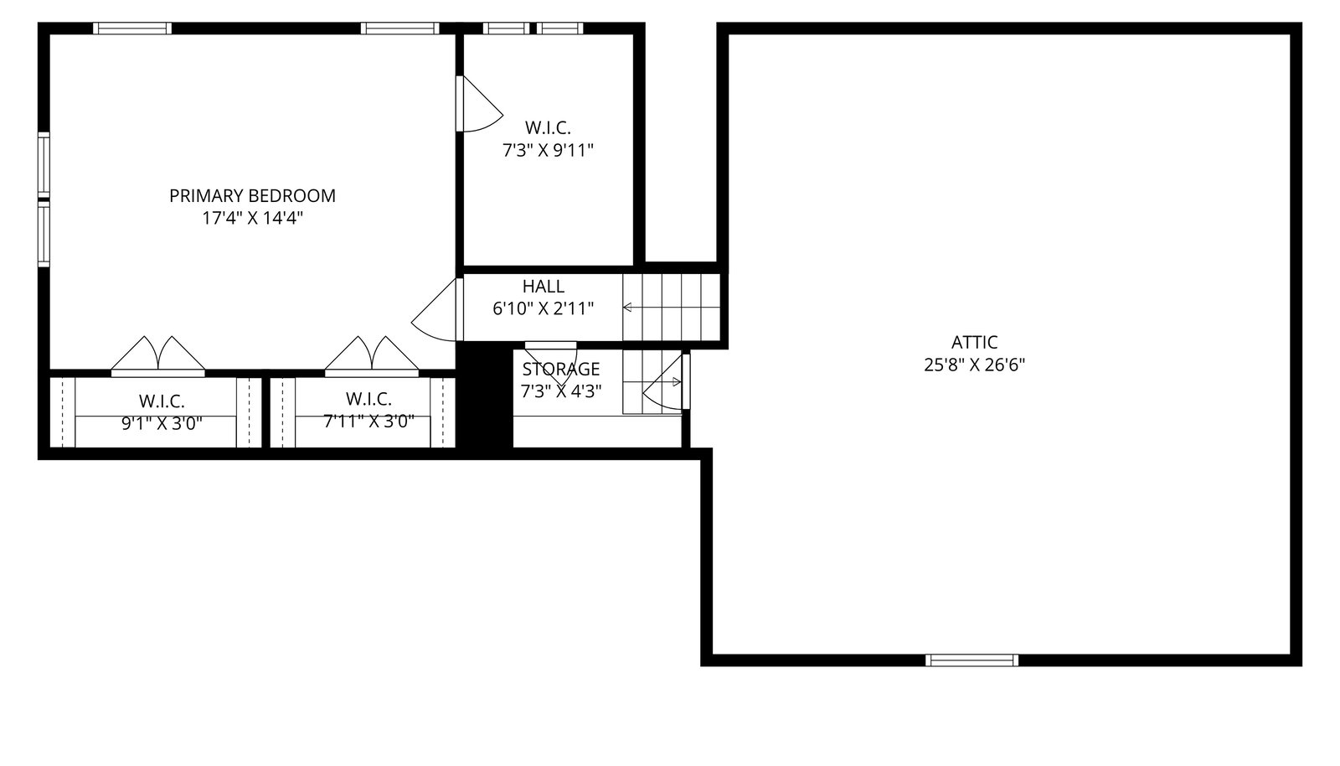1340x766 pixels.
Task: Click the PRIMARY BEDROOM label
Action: coord(252,195)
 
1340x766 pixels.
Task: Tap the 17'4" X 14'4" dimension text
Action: coord(252,218)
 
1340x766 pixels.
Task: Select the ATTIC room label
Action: coord(975,342)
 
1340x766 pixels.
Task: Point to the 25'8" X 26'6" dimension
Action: coord(975,365)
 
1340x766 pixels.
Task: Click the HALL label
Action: coord(544,286)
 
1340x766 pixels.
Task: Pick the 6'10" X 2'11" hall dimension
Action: coord(544,308)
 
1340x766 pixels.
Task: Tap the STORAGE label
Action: coord(561,369)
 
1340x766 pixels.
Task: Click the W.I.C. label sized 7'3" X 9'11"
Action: coord(548,127)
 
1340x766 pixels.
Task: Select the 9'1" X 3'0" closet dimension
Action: coord(162,424)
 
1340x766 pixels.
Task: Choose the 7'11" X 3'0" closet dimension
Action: coord(369,422)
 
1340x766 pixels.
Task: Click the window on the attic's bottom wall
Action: coord(971,660)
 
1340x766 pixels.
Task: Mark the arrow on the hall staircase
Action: coord(671,308)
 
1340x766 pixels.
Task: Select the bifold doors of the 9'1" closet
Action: coord(158,357)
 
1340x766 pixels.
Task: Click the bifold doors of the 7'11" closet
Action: coord(372,357)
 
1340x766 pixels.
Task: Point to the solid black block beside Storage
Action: coord(485,395)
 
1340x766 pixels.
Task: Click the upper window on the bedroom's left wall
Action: coord(44,163)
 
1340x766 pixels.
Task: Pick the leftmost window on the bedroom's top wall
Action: coord(132,28)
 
